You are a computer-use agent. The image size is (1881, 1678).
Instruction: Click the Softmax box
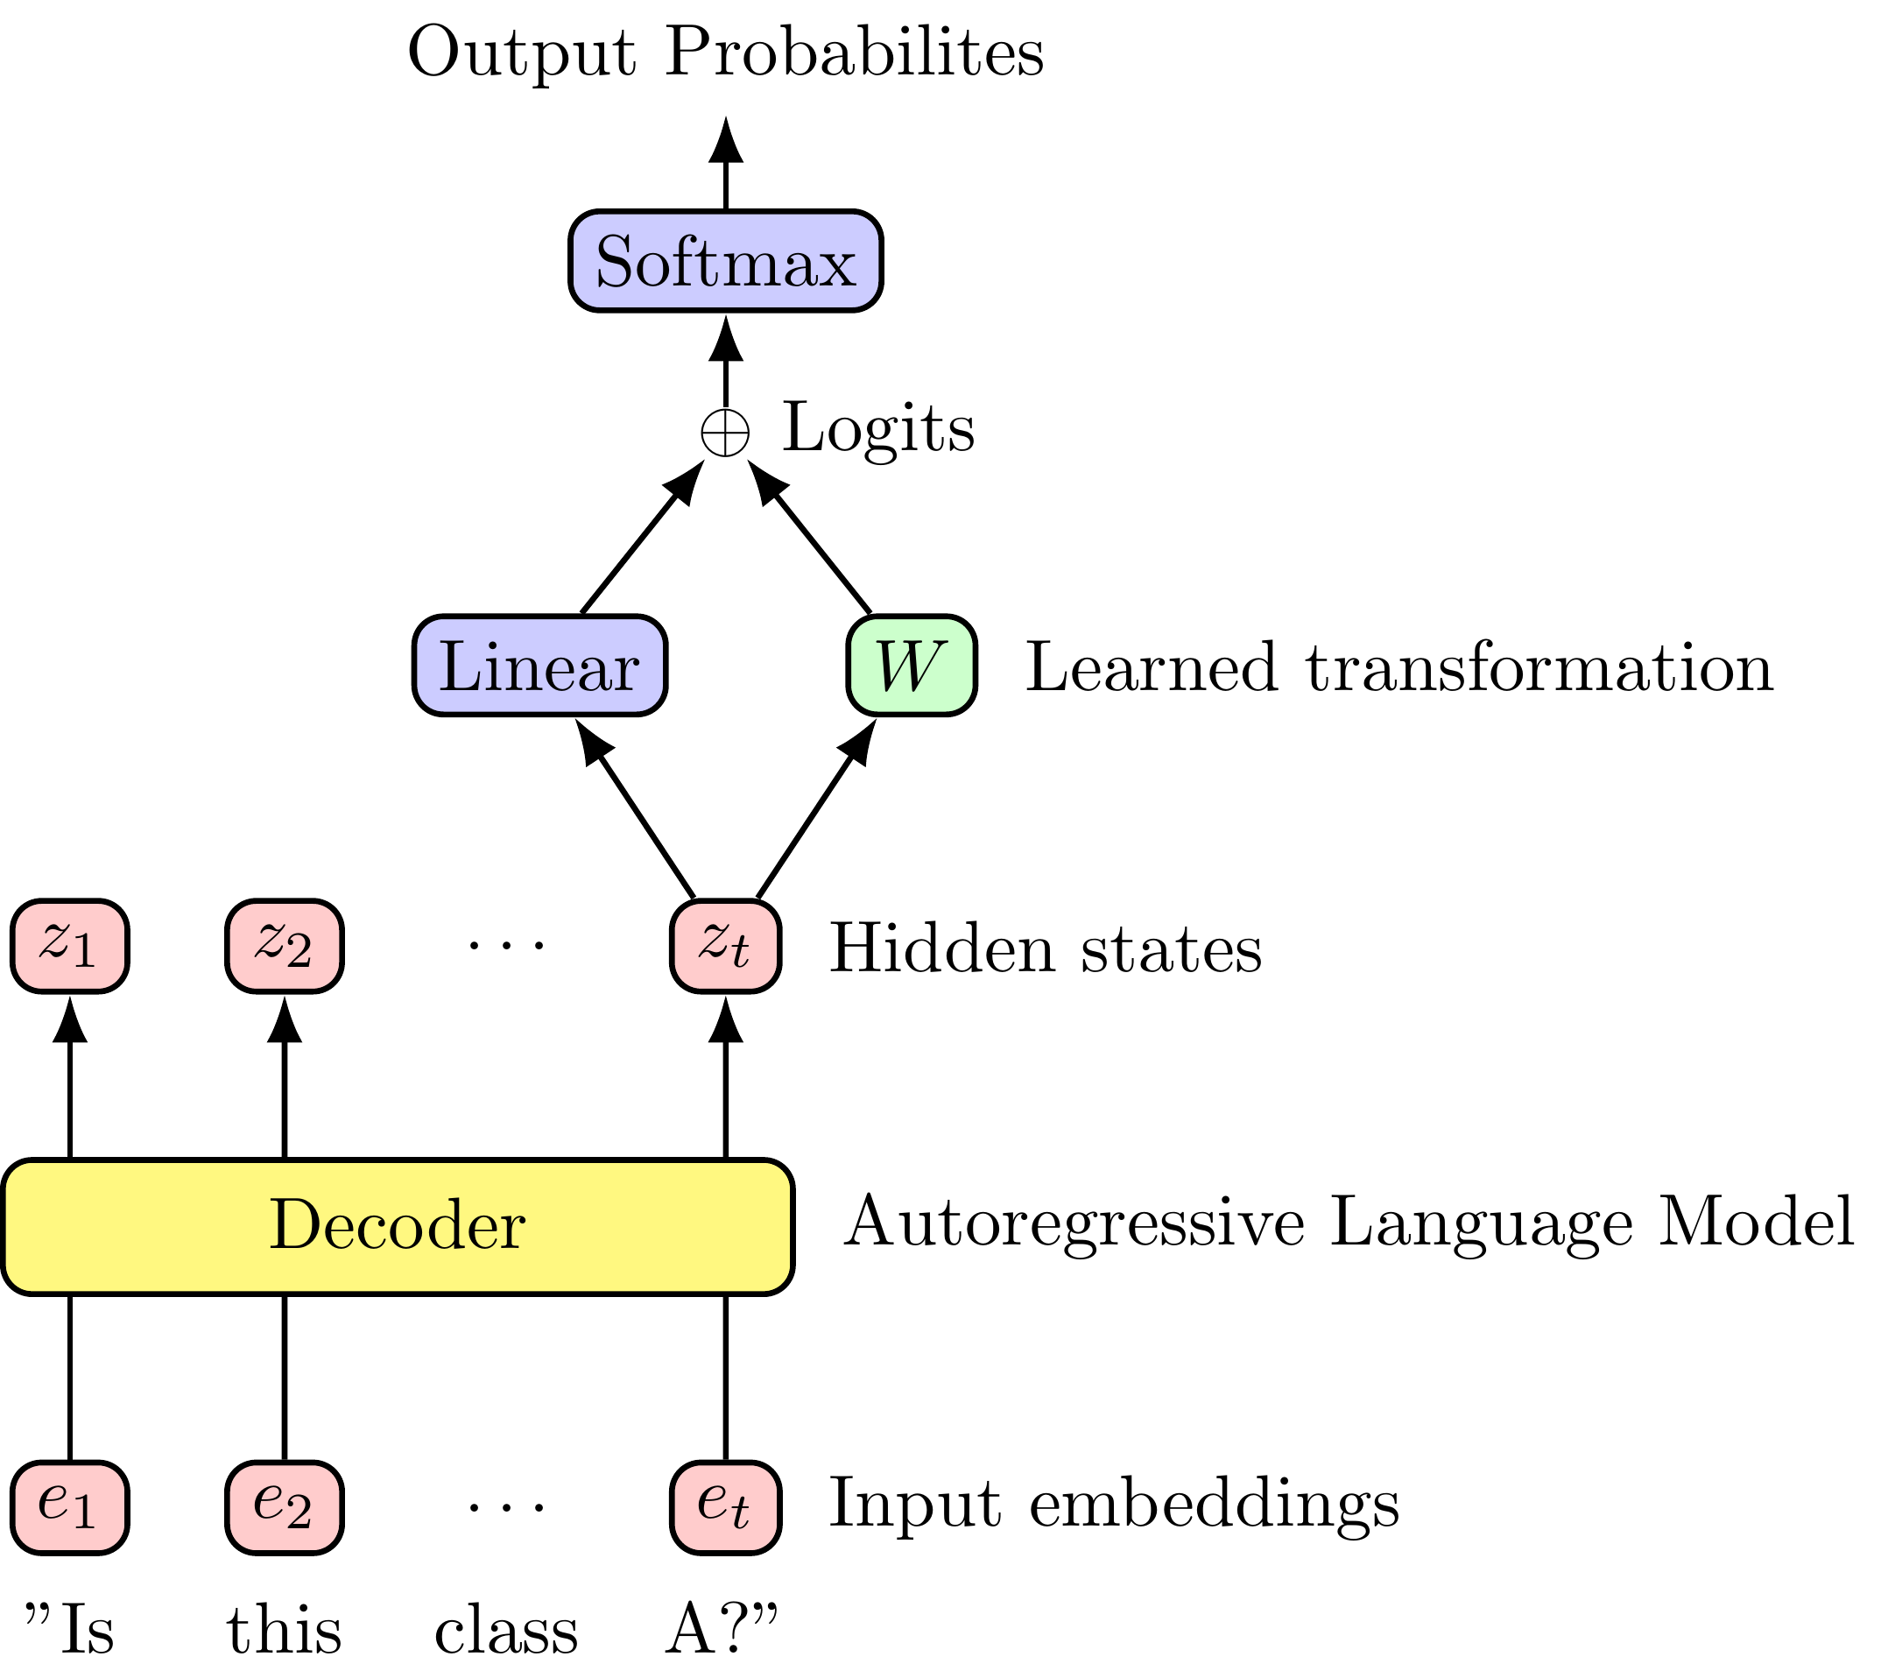point(725,261)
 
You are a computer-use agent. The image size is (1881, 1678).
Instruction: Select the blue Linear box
point(539,666)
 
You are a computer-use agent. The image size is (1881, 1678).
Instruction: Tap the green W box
point(911,666)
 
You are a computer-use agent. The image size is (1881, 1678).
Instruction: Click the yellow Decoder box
point(398,1226)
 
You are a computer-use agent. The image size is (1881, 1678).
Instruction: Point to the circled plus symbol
point(725,432)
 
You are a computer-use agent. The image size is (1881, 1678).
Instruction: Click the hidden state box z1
point(70,946)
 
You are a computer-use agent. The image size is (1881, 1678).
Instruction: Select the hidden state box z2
point(284,946)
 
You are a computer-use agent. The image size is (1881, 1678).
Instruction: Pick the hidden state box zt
point(725,946)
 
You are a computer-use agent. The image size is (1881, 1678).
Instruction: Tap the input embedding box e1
point(70,1507)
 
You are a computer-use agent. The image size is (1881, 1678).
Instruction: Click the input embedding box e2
point(284,1507)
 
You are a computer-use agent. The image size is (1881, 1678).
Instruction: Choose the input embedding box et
point(725,1507)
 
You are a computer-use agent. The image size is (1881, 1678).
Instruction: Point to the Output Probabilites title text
point(725,53)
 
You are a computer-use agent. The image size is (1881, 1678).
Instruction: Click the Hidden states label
point(1046,948)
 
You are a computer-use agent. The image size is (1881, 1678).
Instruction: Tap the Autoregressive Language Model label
point(1348,1223)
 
